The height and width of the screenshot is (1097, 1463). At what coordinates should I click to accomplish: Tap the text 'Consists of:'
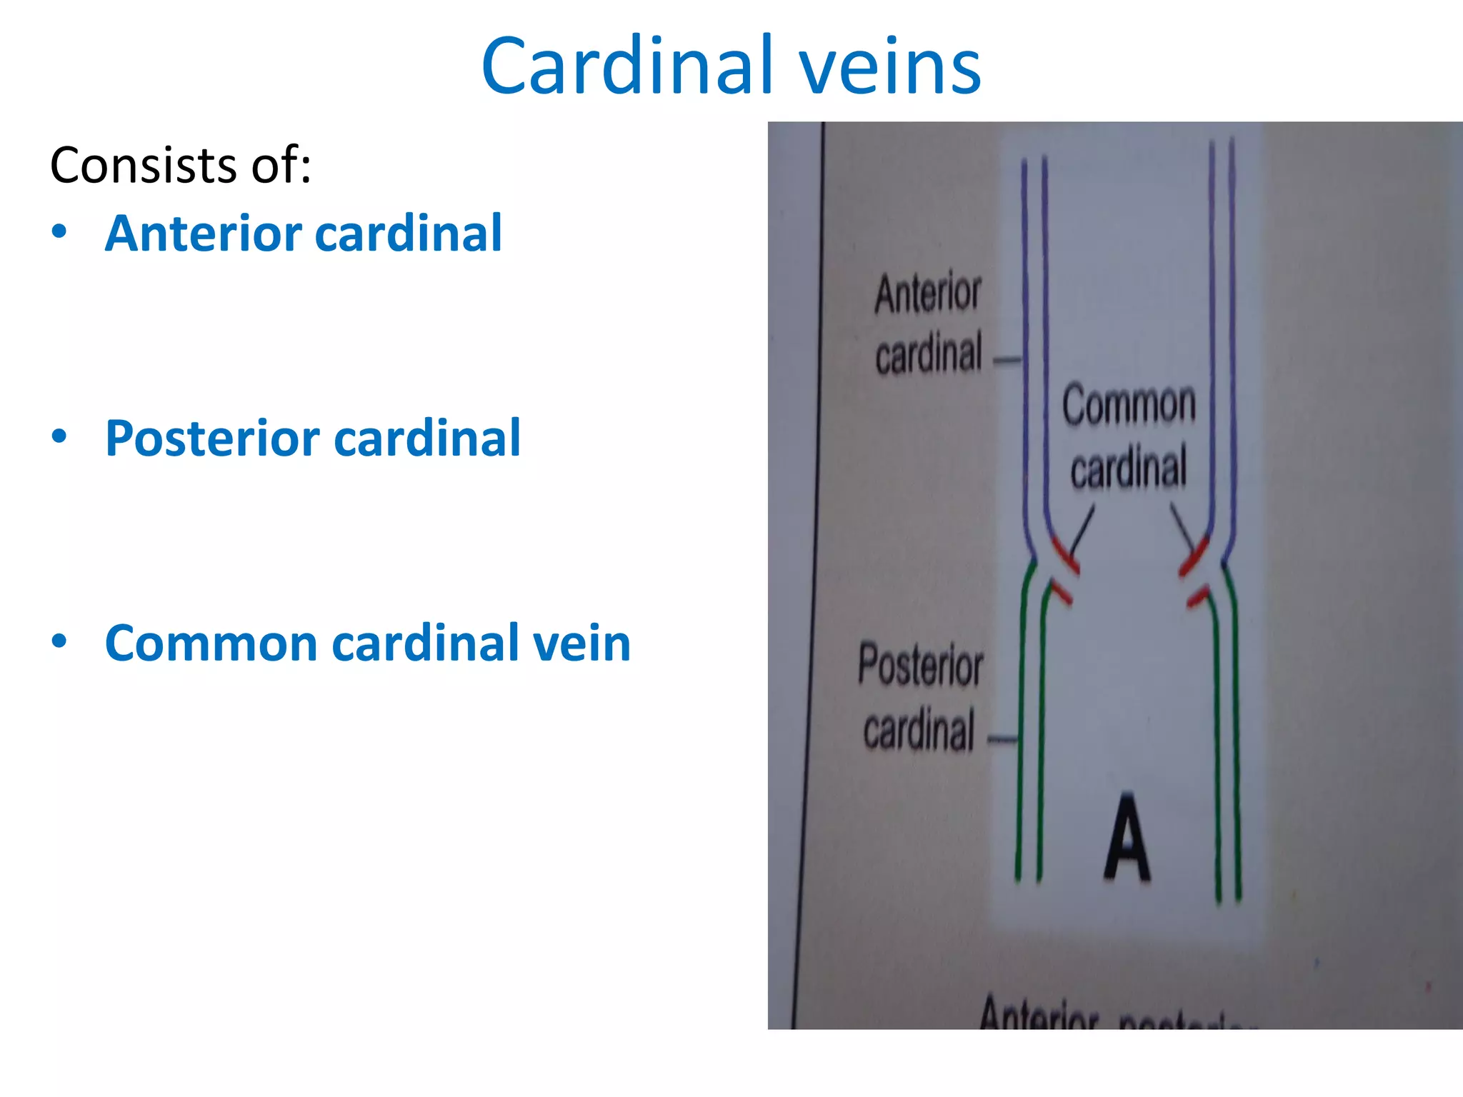point(181,166)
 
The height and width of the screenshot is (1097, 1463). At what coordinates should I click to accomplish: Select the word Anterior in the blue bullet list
point(204,234)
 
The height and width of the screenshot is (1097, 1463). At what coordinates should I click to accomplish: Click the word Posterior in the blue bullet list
point(211,438)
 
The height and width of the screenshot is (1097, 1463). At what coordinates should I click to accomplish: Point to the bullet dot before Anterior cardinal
point(59,231)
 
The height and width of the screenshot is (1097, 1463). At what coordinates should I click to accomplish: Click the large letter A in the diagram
point(1127,838)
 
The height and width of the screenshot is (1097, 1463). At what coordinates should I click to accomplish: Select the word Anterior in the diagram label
point(928,294)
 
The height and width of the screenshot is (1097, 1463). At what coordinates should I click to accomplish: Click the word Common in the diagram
point(1129,405)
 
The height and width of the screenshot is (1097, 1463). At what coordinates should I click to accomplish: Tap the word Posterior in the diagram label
point(921,665)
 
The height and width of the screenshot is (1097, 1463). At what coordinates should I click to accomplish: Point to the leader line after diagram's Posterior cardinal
point(1002,740)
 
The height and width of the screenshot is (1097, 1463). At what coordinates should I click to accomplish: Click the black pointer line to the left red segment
point(1082,531)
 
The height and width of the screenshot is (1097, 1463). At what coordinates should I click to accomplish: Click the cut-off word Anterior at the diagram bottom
point(1039,1013)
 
